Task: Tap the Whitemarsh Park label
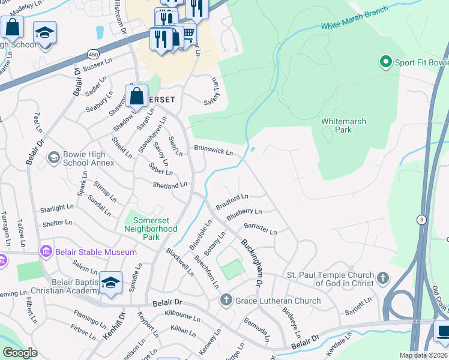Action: (343, 125)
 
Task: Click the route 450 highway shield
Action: (94, 54)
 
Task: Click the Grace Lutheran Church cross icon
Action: (226, 300)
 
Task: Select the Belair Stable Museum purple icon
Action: (46, 251)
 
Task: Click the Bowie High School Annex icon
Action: (53, 158)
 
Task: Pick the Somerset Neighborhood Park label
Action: (151, 224)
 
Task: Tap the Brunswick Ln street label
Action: (212, 151)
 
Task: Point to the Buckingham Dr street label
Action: (252, 262)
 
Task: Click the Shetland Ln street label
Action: (169, 185)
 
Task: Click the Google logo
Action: (20, 353)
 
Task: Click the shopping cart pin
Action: (188, 33)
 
